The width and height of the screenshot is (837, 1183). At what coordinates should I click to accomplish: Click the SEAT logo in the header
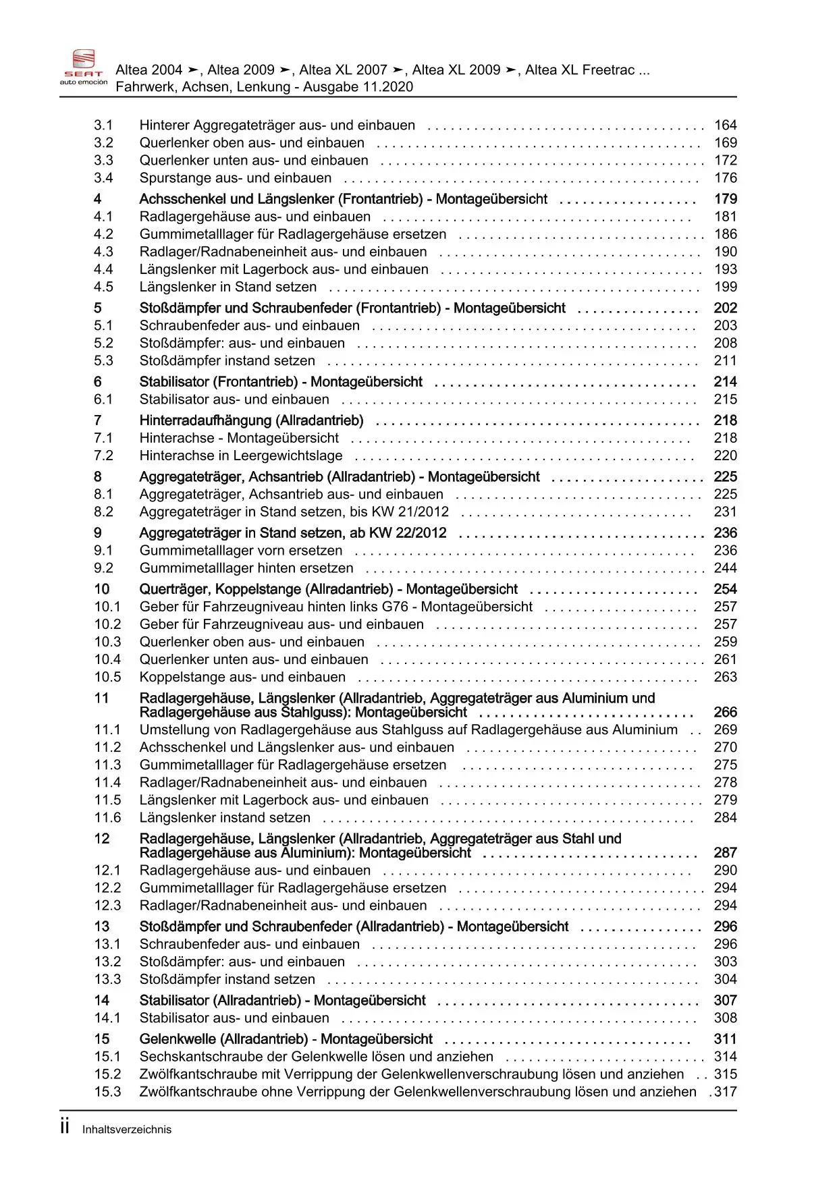click(x=84, y=67)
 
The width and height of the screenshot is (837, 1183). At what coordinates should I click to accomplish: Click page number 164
click(x=726, y=125)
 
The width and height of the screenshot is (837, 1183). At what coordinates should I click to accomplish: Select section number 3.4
click(x=103, y=177)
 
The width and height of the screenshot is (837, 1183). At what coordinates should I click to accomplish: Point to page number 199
click(x=726, y=287)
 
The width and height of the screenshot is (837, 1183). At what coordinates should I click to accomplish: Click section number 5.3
click(x=103, y=360)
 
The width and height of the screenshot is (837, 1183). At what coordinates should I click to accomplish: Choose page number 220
click(x=726, y=456)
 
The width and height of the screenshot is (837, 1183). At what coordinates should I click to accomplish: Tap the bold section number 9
click(x=98, y=532)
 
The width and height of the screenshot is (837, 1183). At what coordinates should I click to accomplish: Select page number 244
click(x=726, y=568)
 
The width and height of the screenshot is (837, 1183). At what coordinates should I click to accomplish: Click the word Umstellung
click(x=173, y=730)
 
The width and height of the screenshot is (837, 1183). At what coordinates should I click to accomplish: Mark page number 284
click(x=726, y=817)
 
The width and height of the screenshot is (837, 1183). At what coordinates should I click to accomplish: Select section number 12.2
click(x=107, y=887)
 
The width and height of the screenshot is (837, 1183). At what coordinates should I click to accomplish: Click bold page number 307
click(x=726, y=1000)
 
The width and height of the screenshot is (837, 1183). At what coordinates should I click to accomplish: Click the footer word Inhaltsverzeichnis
click(x=127, y=1130)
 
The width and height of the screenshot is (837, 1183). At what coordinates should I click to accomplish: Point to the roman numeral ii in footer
click(x=65, y=1127)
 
